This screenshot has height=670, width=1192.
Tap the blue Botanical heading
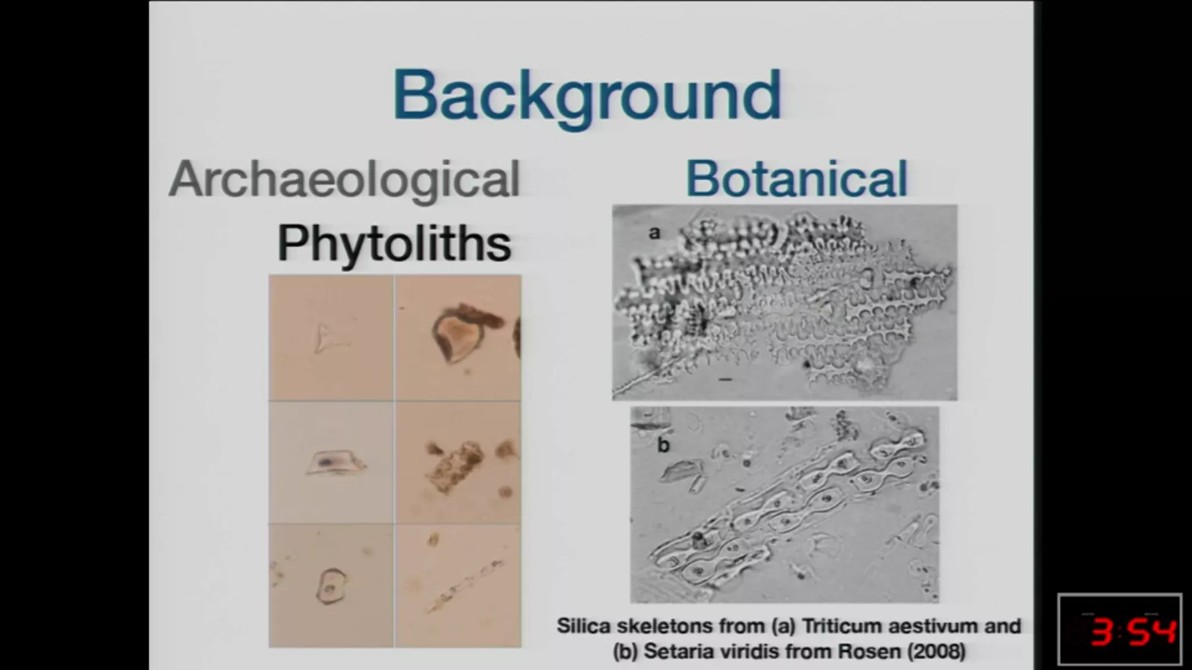[796, 179]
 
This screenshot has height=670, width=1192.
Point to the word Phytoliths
[394, 244]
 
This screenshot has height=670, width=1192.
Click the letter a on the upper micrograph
[654, 233]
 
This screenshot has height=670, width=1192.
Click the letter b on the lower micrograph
[664, 445]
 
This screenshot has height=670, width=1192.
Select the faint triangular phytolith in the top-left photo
[329, 338]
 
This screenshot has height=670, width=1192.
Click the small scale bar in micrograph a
[725, 380]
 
